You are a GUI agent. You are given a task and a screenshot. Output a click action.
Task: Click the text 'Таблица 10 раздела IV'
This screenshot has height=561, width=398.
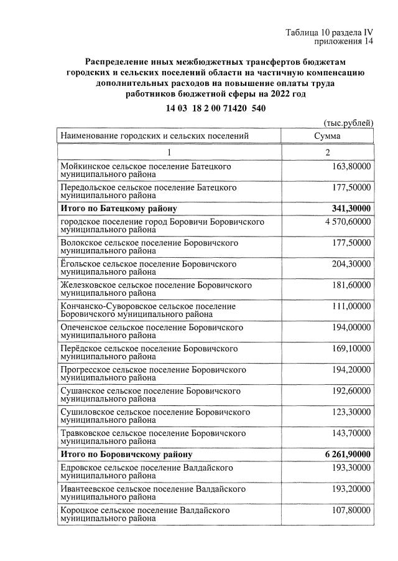coord(329,32)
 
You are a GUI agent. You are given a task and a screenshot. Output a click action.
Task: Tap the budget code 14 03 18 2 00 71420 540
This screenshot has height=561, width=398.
coord(216,108)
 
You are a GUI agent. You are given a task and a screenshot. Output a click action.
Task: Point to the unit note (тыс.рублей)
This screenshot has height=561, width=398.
coord(348,123)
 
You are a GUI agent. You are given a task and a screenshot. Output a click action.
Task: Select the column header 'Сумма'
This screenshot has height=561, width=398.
coord(327,135)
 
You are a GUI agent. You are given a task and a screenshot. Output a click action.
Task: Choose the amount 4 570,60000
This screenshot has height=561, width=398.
coord(346,222)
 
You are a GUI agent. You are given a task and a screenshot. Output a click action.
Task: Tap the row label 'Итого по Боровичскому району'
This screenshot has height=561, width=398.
coord(126,454)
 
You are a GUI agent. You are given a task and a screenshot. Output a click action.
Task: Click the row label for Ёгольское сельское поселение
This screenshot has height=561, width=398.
coord(149,268)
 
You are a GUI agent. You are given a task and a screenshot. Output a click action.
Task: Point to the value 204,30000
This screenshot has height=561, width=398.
coord(350,264)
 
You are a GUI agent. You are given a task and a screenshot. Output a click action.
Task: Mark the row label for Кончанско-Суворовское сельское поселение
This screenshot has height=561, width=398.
coord(148,309)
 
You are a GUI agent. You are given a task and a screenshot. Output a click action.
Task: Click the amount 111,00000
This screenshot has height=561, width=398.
coord(350,305)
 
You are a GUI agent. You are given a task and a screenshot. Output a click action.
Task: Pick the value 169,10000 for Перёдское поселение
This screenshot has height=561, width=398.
coord(350,346)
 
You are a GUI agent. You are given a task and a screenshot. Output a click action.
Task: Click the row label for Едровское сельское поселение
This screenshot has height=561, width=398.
coord(146,471)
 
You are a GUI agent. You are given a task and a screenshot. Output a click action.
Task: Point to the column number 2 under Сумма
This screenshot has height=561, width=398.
coord(327,153)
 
